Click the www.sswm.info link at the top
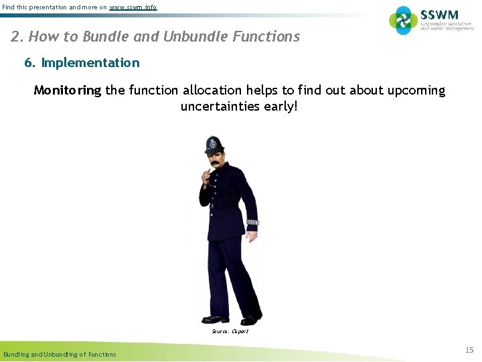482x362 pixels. pos(133,7)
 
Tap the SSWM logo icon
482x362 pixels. pos(403,20)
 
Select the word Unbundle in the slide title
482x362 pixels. pos(189,37)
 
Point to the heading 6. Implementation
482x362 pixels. pos(82,63)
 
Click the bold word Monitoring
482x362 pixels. pos(67,90)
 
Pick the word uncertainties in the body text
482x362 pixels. pos(222,107)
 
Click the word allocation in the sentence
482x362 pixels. pos(214,90)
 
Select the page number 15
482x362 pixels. pos(469,350)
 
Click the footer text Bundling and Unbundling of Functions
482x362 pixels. pos(60,354)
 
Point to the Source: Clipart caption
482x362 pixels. pos(230,331)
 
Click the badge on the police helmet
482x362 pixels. pos(214,143)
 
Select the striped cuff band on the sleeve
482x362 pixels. pos(252,222)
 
